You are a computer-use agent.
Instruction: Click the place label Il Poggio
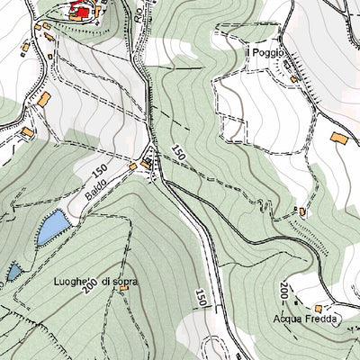pyautogui.click(x=266, y=53)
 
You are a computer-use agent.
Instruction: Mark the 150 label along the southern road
pyautogui.click(x=200, y=298)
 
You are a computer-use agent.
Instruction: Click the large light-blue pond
pyautogui.click(x=51, y=228)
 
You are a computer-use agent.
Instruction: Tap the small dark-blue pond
pyautogui.click(x=13, y=270)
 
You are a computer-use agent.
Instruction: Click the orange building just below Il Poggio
pyautogui.click(x=293, y=79)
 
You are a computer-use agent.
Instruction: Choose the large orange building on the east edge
pyautogui.click(x=339, y=138)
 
